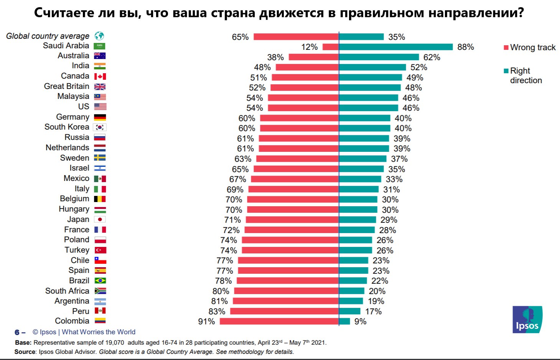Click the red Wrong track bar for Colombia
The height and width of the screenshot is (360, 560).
pos(279,321)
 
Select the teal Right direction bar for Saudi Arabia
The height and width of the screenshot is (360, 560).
pos(396,47)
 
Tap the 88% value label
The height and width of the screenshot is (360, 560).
pos(466,47)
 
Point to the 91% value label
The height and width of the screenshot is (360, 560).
pos(206,321)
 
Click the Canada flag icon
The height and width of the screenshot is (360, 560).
pos(100,76)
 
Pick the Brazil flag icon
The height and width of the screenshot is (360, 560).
pos(100,281)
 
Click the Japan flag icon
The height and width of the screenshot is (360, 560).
pos(100,219)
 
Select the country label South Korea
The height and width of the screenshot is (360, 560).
pos(67,127)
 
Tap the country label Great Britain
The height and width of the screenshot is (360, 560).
pos(66,86)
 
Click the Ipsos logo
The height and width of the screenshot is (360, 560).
pos(527,319)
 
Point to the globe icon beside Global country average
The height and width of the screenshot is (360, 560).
pos(99,36)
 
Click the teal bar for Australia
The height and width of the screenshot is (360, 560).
pos(379,57)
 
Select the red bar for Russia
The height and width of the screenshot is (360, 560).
pos(298,138)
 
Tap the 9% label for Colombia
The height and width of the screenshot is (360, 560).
pos(360,321)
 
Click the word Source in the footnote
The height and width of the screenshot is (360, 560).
pos(25,352)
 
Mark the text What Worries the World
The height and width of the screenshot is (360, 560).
pos(99,332)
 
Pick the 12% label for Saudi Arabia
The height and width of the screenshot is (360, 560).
pos(310,47)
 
